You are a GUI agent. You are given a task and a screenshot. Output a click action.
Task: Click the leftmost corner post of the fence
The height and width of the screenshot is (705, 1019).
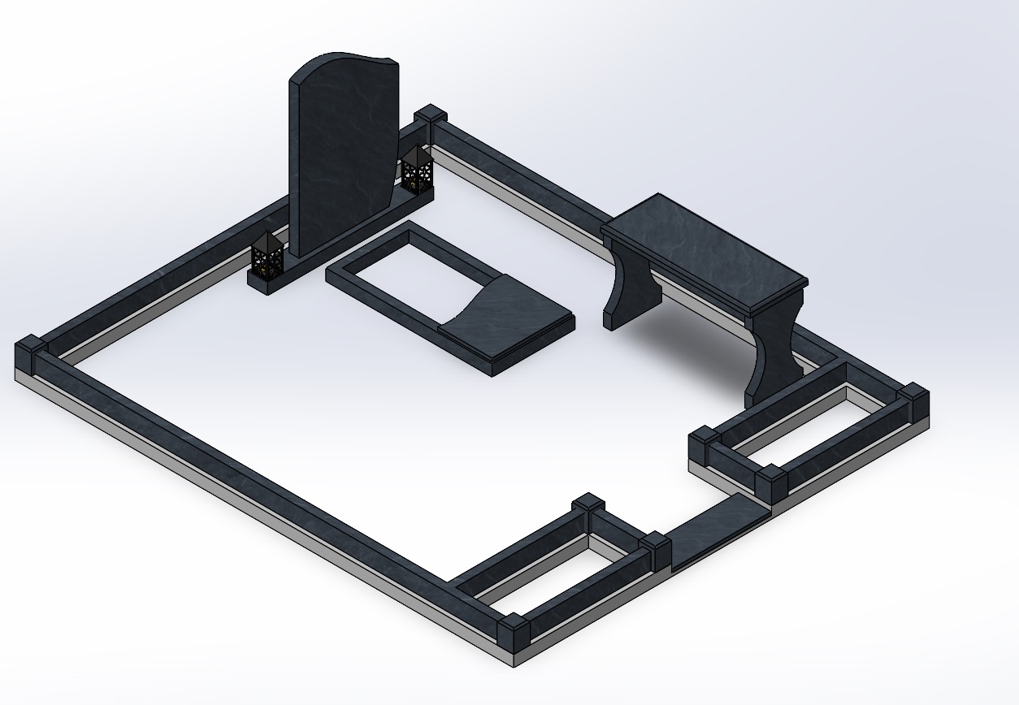tap(32, 353)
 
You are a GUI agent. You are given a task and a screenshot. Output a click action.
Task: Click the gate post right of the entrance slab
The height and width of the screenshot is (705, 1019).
tap(770, 482)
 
